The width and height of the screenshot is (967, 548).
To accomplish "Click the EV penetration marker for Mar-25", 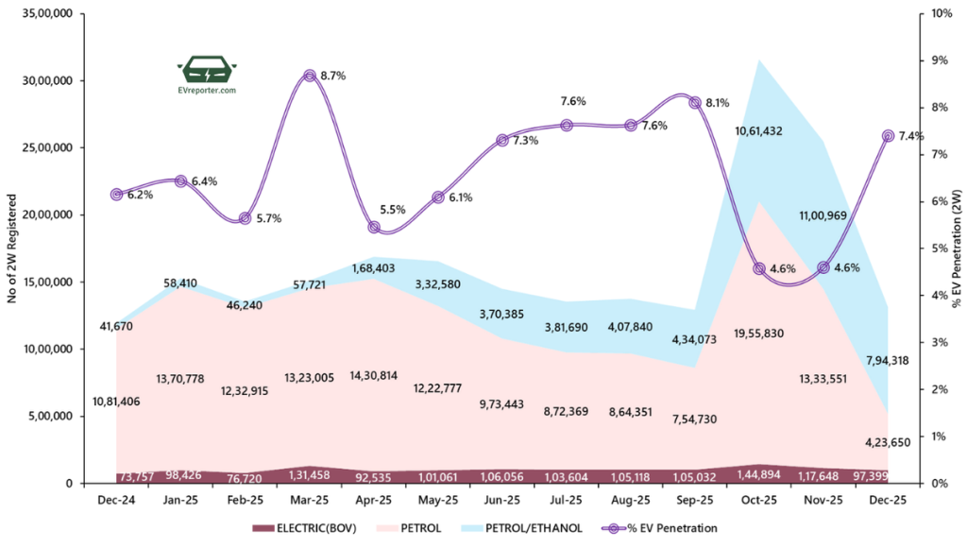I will point(310,76).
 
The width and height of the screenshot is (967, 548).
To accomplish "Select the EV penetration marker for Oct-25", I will point(759,268).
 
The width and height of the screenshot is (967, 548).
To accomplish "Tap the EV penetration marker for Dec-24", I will point(116,195).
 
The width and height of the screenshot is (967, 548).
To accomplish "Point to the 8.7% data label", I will point(334,76).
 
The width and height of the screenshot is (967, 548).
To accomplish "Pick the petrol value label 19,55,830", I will point(757,334).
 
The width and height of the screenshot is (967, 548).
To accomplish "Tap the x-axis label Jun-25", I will point(502,500).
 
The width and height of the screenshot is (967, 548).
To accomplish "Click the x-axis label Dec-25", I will point(888,500).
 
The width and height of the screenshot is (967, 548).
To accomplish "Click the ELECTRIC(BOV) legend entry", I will point(303,527).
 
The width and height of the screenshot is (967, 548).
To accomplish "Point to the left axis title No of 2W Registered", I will point(14,248).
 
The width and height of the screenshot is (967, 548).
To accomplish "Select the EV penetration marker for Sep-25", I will point(695,102).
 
